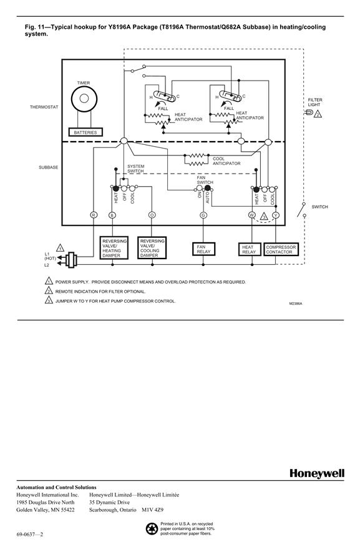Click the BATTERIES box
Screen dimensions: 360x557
[85, 132]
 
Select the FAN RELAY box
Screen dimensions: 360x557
[203, 249]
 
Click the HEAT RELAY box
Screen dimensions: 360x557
[249, 249]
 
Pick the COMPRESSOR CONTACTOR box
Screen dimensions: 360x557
[281, 249]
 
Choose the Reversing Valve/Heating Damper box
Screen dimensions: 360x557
[114, 248]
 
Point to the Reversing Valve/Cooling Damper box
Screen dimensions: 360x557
[152, 248]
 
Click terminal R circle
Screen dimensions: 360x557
[94, 215]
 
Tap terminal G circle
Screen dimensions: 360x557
[203, 215]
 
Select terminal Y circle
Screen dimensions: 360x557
[276, 215]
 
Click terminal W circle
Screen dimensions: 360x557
[251, 215]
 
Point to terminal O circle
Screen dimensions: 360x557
[152, 215]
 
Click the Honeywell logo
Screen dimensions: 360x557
[317, 473]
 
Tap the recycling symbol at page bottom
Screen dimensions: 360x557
[152, 530]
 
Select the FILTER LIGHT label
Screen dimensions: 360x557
[314, 102]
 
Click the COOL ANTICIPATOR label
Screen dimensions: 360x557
[226, 161]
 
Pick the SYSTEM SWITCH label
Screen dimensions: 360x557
[135, 169]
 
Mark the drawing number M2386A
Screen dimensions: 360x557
[296, 303]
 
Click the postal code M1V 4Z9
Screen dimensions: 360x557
[153, 510]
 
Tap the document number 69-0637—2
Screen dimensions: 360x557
[30, 535]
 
